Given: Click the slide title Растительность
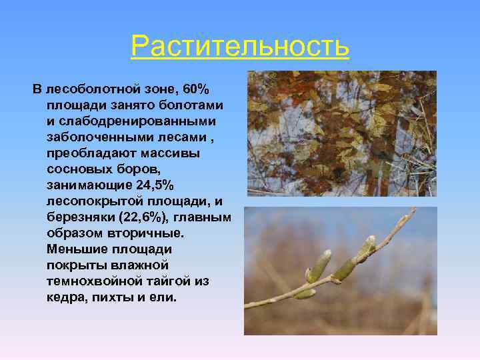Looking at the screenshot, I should [x=240, y=46].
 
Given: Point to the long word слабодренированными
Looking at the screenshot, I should [x=133, y=121].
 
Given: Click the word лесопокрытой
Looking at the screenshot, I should [x=89, y=201].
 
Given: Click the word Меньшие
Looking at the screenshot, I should [x=75, y=249].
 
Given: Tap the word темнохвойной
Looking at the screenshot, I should [x=89, y=281].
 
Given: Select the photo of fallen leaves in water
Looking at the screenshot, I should [x=341, y=133].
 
